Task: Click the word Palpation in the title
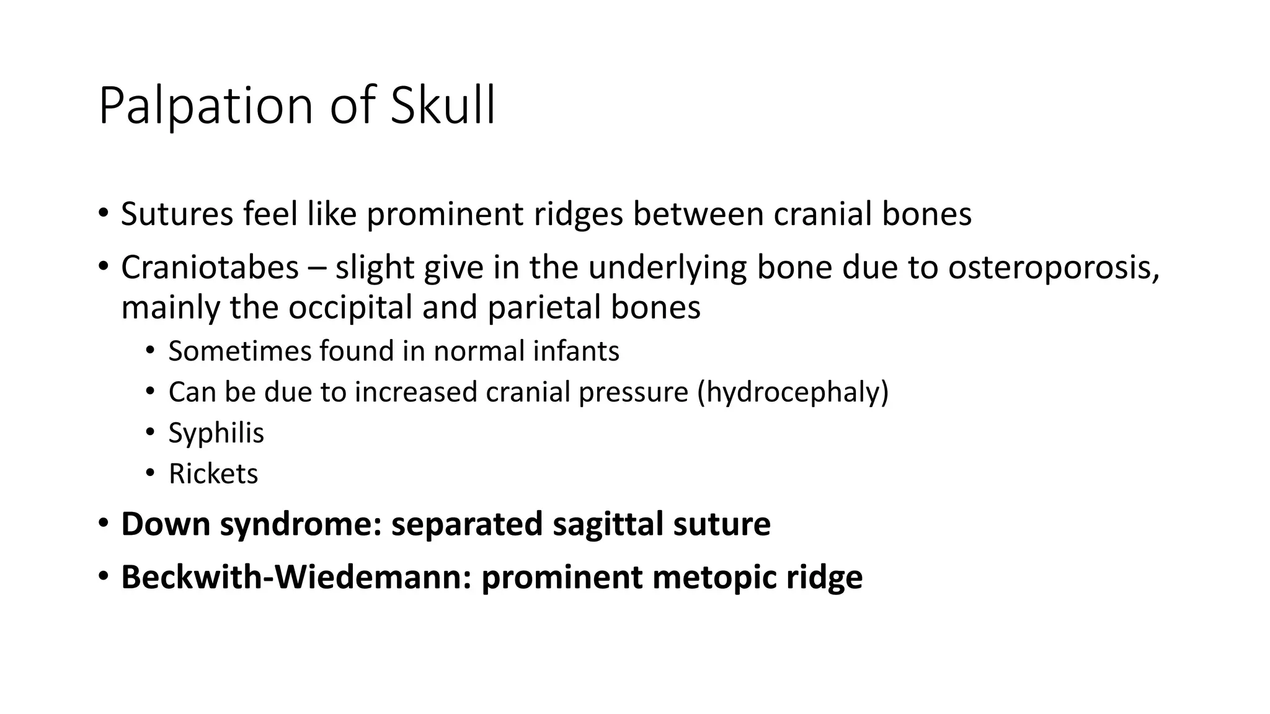point(205,107)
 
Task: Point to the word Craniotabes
point(210,268)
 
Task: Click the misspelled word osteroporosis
point(1053,268)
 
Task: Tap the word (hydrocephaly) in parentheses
point(793,392)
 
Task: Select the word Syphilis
point(216,433)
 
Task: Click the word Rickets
point(213,474)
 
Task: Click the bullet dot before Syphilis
point(149,433)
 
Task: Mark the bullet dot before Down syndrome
point(103,523)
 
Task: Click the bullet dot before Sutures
point(103,214)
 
